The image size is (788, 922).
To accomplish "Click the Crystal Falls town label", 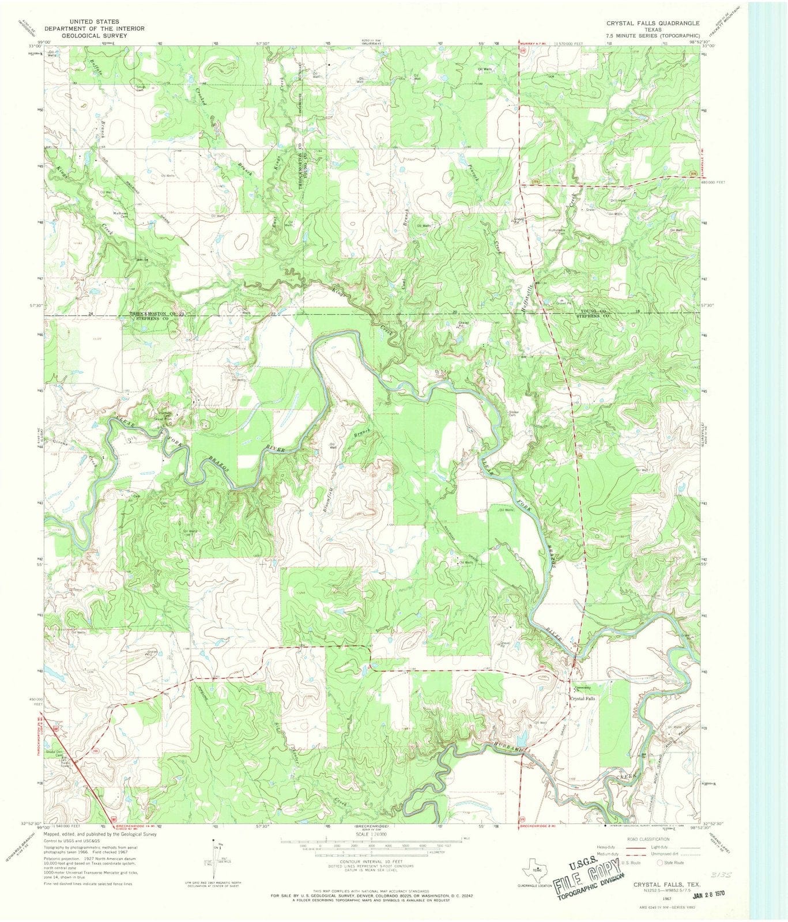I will pyautogui.click(x=582, y=698).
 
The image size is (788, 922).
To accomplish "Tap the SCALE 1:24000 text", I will pyautogui.click(x=370, y=834).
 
